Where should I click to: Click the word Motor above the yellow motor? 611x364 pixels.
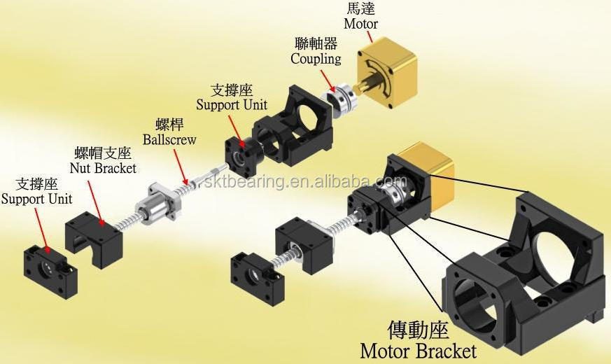(x=360, y=23)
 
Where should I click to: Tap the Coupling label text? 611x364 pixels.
(x=316, y=59)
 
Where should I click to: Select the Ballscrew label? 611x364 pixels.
(x=169, y=139)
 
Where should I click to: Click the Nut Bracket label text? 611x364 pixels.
(x=104, y=168)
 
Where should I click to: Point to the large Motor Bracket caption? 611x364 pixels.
(x=418, y=351)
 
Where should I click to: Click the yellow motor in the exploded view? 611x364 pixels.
(x=387, y=72)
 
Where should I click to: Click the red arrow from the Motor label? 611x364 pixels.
(x=369, y=36)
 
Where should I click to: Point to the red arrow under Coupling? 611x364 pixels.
(x=327, y=80)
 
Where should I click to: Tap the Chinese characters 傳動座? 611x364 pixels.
(x=418, y=330)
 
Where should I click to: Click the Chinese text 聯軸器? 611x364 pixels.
(x=316, y=43)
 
